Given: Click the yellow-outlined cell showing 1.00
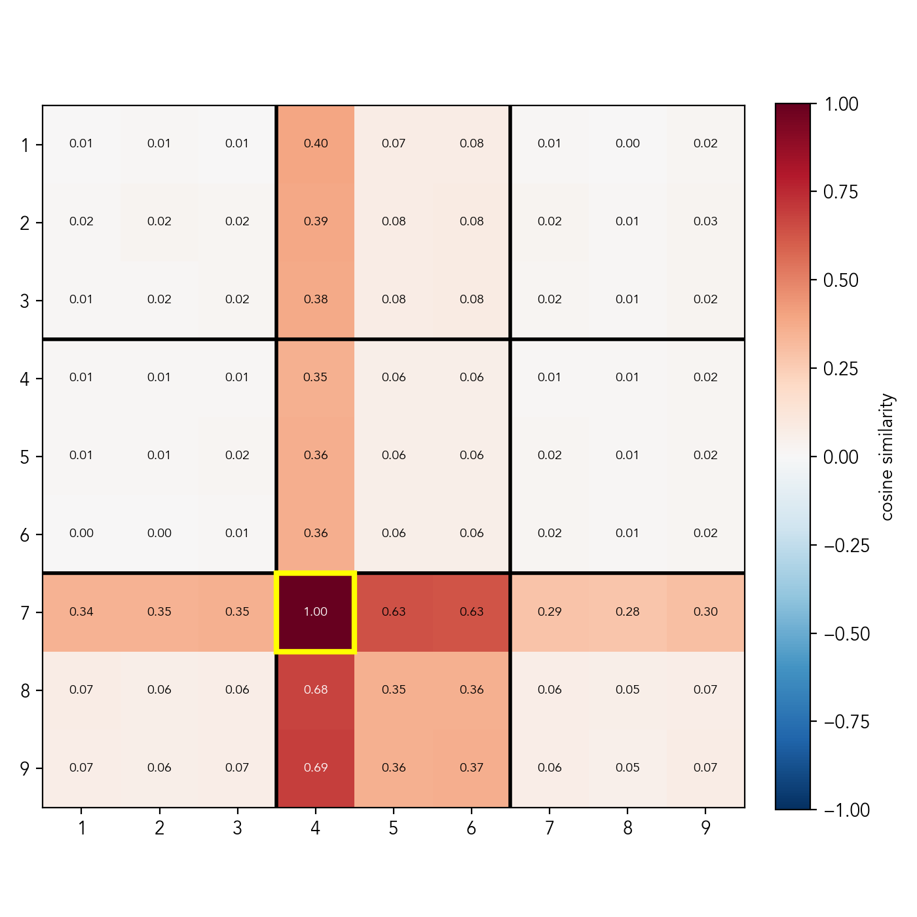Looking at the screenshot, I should click(x=315, y=612).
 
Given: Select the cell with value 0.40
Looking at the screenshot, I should click(x=315, y=143).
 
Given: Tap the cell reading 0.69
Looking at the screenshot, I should click(x=315, y=768).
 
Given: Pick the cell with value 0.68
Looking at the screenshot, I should click(x=315, y=690).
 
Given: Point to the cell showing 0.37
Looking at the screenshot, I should click(x=472, y=768).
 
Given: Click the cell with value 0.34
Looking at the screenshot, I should click(x=81, y=612).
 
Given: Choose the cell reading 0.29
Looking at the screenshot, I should click(x=550, y=612).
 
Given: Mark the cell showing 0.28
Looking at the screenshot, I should click(x=627, y=612).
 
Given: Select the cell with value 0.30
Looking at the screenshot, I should click(x=705, y=612).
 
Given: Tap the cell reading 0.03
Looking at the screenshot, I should click(x=705, y=221).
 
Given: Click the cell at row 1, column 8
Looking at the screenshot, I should click(x=627, y=143).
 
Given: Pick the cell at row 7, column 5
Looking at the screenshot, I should click(x=394, y=612).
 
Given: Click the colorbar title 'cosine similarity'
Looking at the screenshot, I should click(x=887, y=457).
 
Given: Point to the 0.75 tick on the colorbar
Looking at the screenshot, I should click(x=840, y=193).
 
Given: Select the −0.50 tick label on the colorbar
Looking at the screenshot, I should click(x=846, y=634).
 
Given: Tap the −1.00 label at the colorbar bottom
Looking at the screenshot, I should click(x=846, y=811).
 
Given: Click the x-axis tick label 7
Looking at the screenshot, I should click(x=550, y=829).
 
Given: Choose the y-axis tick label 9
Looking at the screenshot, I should click(x=25, y=768).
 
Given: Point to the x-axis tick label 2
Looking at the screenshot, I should click(x=159, y=829).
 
